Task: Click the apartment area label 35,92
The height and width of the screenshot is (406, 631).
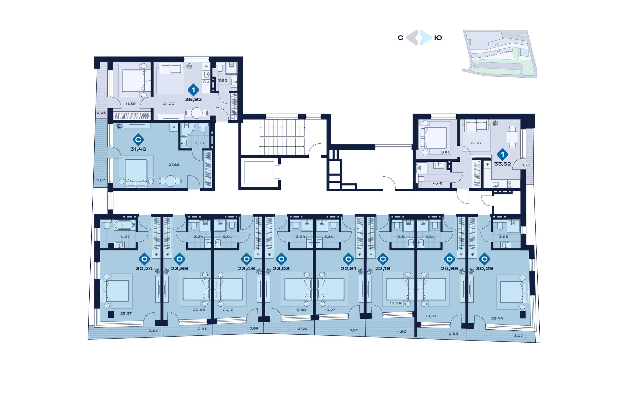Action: pos(193,99)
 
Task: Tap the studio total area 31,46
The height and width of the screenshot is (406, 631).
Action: pos(138,149)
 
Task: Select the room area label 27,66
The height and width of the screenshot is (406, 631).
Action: pos(174,164)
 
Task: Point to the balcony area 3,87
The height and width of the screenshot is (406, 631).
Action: pos(101,180)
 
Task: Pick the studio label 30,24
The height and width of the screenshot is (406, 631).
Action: pos(144,268)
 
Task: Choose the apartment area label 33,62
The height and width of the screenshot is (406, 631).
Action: pos(502,164)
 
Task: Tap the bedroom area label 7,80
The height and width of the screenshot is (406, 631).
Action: pos(444,152)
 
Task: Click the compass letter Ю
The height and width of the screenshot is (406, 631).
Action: pos(438,38)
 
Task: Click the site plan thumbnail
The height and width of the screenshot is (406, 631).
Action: pos(500,54)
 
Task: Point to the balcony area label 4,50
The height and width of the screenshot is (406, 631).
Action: pos(402,331)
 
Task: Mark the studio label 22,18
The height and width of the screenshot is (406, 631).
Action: pos(383,268)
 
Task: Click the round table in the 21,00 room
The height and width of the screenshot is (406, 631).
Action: pos(197,113)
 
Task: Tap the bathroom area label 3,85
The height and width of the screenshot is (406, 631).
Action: pos(503,236)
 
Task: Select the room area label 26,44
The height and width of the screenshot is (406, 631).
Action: pos(497,318)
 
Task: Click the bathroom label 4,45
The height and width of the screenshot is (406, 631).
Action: pos(438,183)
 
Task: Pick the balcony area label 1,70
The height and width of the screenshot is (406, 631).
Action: pos(526,165)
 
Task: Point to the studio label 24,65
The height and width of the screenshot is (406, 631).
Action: pos(449,268)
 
